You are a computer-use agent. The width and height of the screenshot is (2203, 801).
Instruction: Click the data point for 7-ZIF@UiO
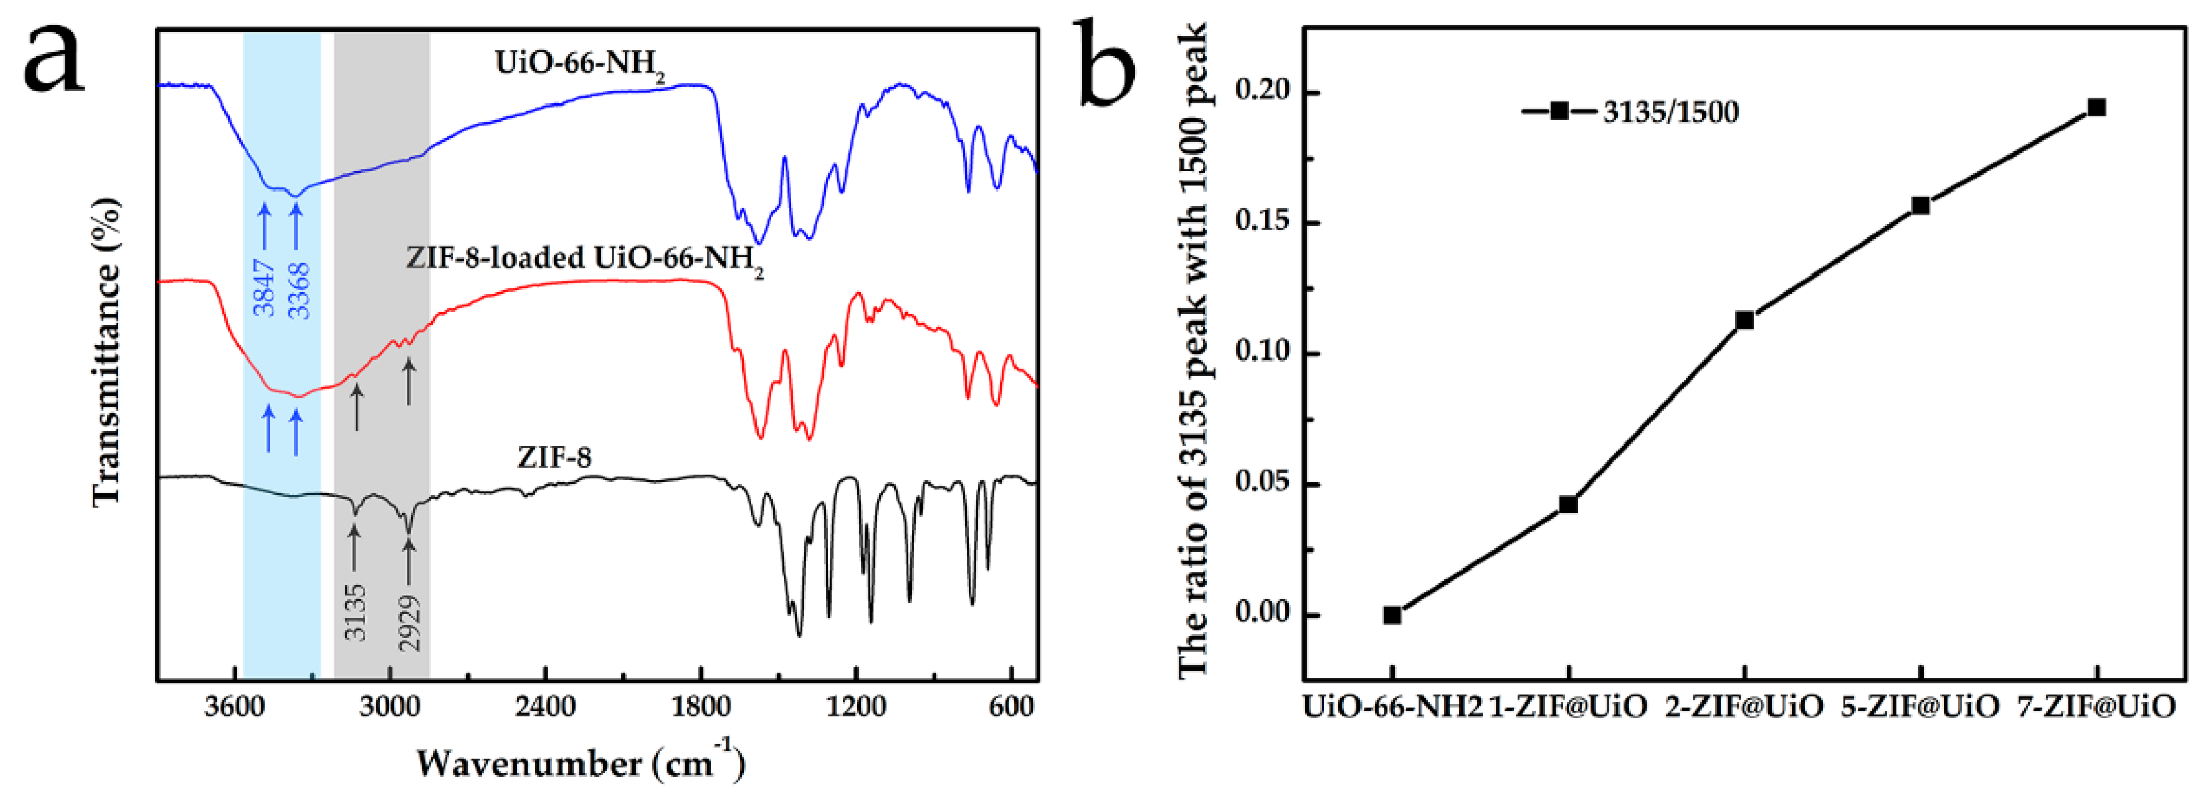[2096, 107]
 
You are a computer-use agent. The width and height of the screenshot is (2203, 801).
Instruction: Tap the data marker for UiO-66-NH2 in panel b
[1392, 614]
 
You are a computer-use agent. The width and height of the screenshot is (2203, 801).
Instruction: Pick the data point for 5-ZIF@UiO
[1921, 206]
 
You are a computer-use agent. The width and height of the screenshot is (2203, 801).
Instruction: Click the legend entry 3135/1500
[1670, 112]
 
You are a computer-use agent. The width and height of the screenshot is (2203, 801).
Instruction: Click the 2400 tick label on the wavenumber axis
[546, 708]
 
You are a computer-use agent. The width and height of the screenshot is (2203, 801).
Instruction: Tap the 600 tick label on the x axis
[1011, 708]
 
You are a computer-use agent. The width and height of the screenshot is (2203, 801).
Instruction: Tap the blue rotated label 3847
[264, 288]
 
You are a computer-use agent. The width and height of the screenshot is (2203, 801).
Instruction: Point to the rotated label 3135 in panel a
[355, 612]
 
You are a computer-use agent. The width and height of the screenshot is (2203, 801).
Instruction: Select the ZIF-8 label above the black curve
[554, 458]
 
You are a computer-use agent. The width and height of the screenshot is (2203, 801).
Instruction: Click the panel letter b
[1109, 65]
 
